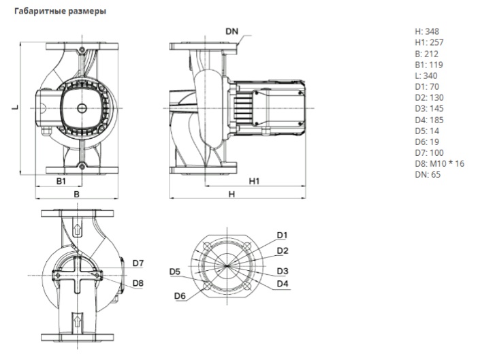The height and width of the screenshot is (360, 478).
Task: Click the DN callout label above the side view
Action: click(x=233, y=32)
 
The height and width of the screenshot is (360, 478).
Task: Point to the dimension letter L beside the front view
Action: click(x=16, y=107)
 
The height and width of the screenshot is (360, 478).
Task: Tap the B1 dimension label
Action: click(x=60, y=182)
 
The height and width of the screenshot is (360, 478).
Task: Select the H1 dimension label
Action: click(x=254, y=182)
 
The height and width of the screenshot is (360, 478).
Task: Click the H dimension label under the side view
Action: click(x=232, y=194)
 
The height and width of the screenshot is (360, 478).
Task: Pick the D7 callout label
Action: click(x=138, y=263)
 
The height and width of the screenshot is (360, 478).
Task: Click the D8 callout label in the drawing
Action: click(x=138, y=282)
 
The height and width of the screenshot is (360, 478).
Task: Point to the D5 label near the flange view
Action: click(x=175, y=272)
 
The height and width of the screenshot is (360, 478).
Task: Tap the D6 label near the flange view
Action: click(x=180, y=295)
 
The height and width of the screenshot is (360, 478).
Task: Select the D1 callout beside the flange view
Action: click(x=283, y=235)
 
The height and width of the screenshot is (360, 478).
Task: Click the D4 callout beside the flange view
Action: click(x=283, y=283)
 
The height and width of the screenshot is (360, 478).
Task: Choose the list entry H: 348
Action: click(x=427, y=31)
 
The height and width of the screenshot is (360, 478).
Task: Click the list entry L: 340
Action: click(x=426, y=76)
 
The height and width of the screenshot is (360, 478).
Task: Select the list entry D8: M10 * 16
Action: click(x=439, y=163)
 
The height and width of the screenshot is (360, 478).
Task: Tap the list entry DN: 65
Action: click(x=426, y=174)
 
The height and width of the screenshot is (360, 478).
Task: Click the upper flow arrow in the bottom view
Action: click(x=77, y=229)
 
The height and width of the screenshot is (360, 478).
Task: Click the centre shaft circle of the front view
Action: click(x=81, y=108)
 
